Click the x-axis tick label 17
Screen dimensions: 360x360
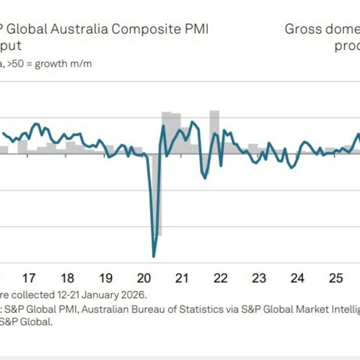pyautogui.click(x=29, y=278)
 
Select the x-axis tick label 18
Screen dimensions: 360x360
pyautogui.click(x=67, y=278)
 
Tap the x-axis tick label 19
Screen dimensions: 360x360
pyautogui.click(x=106, y=278)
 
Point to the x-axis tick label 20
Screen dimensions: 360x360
pyautogui.click(x=144, y=278)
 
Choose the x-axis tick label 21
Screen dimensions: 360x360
pyautogui.click(x=182, y=278)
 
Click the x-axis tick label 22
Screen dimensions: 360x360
pyautogui.click(x=221, y=278)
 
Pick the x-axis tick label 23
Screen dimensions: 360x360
pyautogui.click(x=259, y=278)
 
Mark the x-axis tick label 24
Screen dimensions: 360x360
pyautogui.click(x=298, y=278)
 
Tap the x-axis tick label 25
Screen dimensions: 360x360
pyautogui.click(x=336, y=278)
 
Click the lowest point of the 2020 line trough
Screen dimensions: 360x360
pyautogui.click(x=154, y=256)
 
